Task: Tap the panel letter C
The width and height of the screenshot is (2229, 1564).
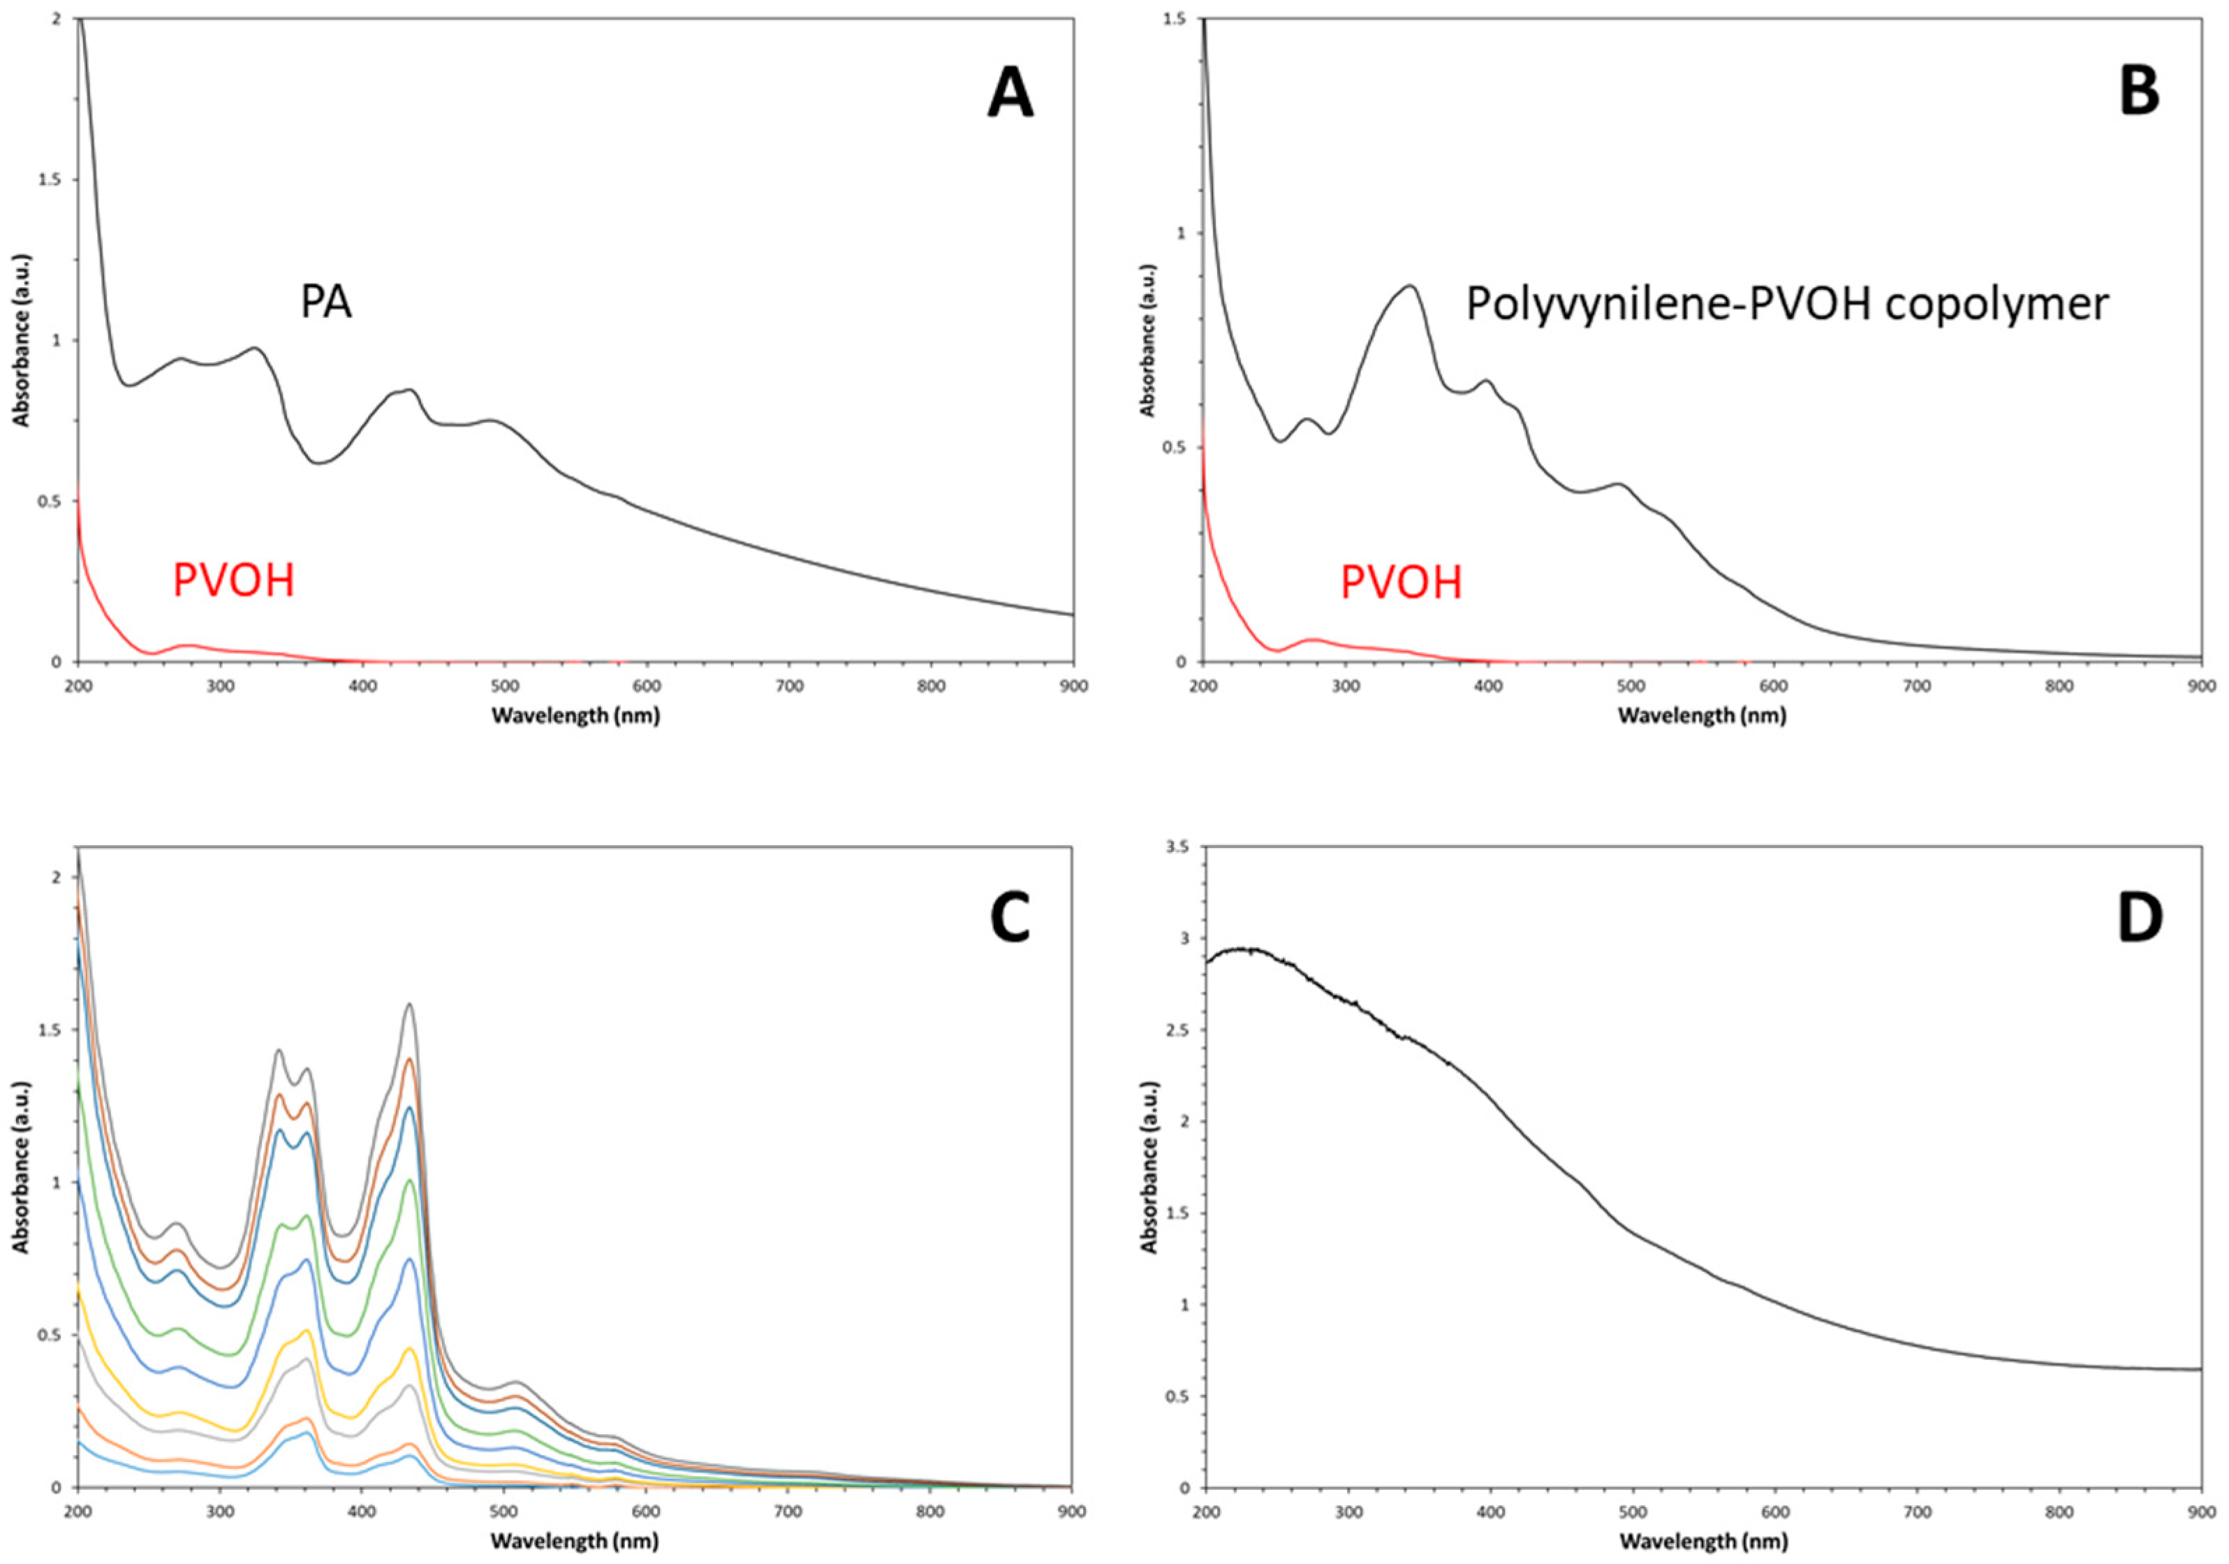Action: [1010, 919]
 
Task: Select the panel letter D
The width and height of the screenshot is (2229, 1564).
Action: [2139, 919]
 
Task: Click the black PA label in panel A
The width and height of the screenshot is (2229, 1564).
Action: [325, 303]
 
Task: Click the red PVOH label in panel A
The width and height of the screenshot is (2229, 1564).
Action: [233, 580]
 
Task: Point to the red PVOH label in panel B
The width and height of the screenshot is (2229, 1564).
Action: [1401, 583]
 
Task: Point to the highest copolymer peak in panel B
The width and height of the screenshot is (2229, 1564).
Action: [1410, 286]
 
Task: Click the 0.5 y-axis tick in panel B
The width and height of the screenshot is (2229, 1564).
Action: [1179, 448]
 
